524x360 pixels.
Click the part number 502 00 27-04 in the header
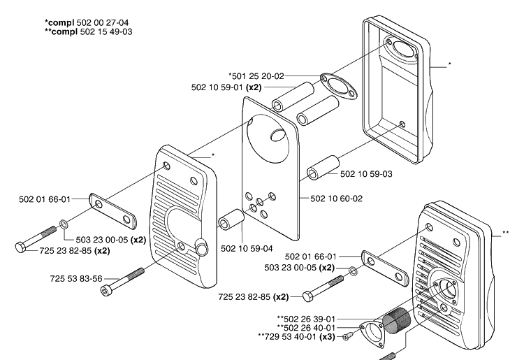click(x=103, y=23)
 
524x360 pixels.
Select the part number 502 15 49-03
click(x=106, y=31)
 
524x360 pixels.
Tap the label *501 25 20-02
click(x=256, y=76)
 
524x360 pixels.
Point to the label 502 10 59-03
click(x=366, y=174)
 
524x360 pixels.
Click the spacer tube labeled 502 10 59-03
click(x=323, y=168)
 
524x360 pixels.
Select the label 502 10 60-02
click(x=337, y=199)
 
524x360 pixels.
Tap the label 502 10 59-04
click(x=247, y=249)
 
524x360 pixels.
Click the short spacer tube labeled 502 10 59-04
click(x=231, y=219)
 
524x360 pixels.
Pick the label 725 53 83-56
click(x=76, y=279)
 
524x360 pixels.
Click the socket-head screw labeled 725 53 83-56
click(x=122, y=282)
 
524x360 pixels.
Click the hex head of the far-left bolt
click(x=20, y=247)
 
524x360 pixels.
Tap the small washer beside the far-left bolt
click(x=64, y=224)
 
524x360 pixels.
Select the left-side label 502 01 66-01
click(x=45, y=199)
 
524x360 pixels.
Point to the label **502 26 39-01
click(x=306, y=319)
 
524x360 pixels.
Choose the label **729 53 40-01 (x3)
click(x=297, y=337)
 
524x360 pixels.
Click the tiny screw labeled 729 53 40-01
click(x=348, y=336)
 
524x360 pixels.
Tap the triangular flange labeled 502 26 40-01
click(x=372, y=334)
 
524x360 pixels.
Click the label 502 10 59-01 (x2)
click(x=226, y=87)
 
